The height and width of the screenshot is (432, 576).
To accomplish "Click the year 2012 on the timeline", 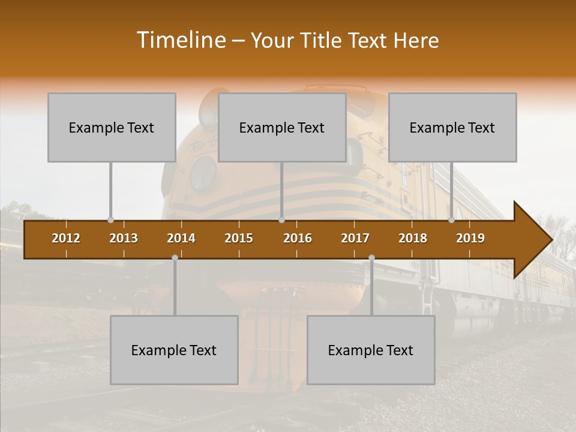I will click(x=66, y=238).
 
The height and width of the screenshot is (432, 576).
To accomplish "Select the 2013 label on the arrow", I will click(x=124, y=238).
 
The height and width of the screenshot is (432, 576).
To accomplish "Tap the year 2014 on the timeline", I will click(x=181, y=238).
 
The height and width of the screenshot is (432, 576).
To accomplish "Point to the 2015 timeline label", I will click(x=239, y=238).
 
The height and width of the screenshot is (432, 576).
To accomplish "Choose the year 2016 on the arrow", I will click(x=298, y=238).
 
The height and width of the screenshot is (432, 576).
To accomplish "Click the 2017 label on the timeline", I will click(x=355, y=238).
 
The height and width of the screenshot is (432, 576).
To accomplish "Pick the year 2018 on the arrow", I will click(x=413, y=238).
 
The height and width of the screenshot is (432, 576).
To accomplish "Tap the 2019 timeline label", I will click(x=470, y=238).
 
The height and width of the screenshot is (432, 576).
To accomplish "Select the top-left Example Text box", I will click(x=112, y=127).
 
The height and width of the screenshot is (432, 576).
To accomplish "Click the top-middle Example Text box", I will click(x=282, y=127).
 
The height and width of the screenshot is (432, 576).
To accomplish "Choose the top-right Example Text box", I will click(x=452, y=127).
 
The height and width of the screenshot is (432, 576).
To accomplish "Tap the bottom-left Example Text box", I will click(x=174, y=350).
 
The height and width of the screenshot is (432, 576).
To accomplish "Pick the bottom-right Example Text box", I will click(x=371, y=350).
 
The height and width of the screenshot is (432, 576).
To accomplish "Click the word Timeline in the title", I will click(x=180, y=40).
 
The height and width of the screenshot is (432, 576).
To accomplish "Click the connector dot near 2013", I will click(x=110, y=220).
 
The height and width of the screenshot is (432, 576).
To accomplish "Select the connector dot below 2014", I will click(x=175, y=257).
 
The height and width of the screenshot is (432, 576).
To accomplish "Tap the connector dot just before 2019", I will click(x=451, y=220).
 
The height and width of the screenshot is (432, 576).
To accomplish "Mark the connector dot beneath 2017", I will click(x=371, y=257).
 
